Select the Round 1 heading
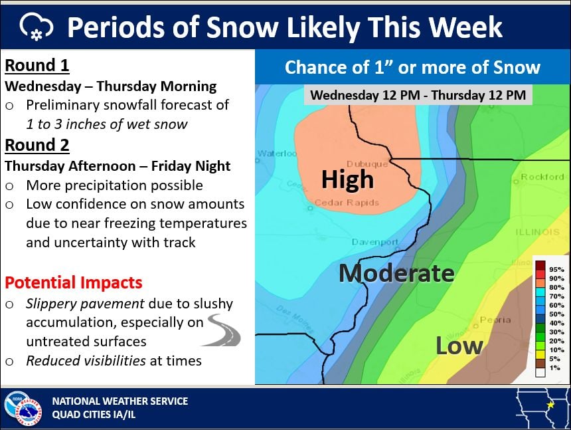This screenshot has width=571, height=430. pyautogui.click(x=37, y=66)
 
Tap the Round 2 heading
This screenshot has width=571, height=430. pyautogui.click(x=37, y=145)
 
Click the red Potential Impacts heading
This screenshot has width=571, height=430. pyautogui.click(x=73, y=282)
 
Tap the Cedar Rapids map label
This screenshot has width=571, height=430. pyautogui.click(x=347, y=203)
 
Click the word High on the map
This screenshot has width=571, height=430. pyautogui.click(x=347, y=180)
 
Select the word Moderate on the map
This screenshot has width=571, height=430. pyautogui.click(x=396, y=273)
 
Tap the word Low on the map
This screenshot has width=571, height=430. pyautogui.click(x=459, y=346)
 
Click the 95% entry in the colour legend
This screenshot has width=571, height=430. pyautogui.click(x=549, y=267)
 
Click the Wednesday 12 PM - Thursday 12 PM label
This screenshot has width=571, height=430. pyautogui.click(x=418, y=95)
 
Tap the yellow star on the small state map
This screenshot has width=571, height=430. pyautogui.click(x=550, y=403)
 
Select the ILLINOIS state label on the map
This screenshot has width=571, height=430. pyautogui.click(x=538, y=232)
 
